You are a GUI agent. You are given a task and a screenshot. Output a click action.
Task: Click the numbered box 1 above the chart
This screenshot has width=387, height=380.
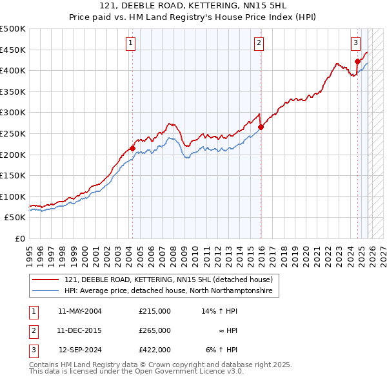click(x=130, y=43)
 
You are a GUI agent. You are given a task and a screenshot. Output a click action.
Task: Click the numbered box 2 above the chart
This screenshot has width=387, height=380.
click(x=259, y=43)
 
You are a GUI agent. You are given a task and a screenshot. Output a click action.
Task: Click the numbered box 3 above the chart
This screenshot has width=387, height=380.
click(x=355, y=43)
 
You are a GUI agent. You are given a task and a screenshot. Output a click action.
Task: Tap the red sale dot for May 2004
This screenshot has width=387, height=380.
click(x=132, y=148)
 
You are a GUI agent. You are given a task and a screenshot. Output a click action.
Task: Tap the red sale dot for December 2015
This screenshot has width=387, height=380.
click(x=261, y=127)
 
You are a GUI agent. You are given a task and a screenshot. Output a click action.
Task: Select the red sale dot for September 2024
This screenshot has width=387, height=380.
click(x=357, y=62)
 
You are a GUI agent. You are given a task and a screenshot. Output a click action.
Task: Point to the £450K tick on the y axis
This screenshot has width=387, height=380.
click(x=13, y=50)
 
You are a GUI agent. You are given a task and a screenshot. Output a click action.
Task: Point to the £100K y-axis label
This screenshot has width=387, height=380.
click(x=13, y=196)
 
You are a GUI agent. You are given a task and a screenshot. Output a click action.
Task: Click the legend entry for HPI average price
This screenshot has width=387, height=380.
click(x=168, y=291)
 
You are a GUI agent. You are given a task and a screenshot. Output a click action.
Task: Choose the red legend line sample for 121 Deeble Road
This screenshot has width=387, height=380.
click(x=45, y=280)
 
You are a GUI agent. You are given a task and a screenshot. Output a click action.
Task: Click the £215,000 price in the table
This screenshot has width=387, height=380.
click(x=155, y=310)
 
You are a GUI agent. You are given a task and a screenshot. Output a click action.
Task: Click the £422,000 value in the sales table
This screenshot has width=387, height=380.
click(x=155, y=350)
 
